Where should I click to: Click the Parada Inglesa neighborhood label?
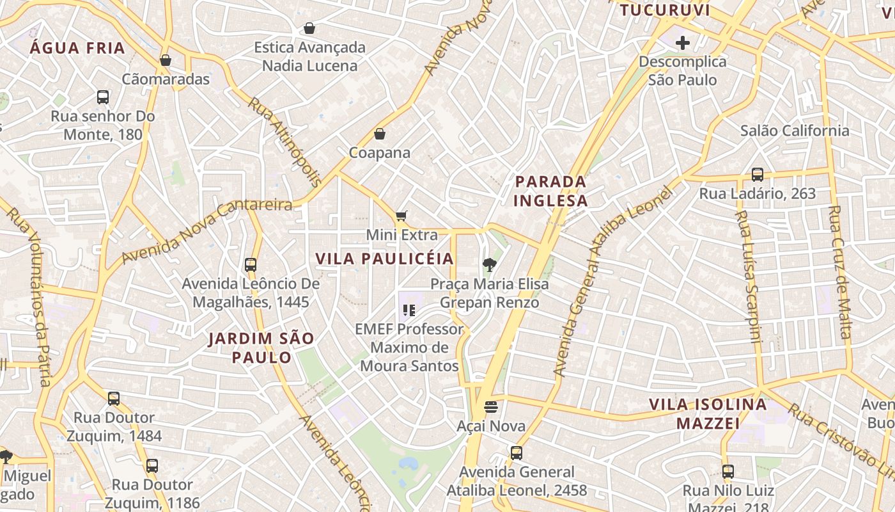coord(550,191)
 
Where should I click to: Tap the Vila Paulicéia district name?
coord(384,259)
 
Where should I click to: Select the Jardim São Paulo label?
coord(261,348)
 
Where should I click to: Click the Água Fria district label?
coord(77,48)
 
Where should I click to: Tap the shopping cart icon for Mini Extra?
coord(401,216)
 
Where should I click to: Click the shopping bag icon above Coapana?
coord(380,134)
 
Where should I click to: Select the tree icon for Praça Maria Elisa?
coord(490,265)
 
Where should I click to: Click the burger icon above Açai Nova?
coord(491,407)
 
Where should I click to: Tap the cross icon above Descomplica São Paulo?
coord(683,43)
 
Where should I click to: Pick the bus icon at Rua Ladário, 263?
coord(758,175)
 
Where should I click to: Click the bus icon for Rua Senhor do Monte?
coord(103,97)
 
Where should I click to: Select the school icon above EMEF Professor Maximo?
coord(409,311)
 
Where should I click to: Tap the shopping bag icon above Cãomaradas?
coord(166,60)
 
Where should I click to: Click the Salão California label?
coord(795,131)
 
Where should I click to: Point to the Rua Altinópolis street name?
coord(285,142)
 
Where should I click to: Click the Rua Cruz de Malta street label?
coord(839,272)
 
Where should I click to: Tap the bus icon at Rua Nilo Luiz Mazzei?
coord(728,472)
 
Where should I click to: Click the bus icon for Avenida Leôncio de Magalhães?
coord(251,264)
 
